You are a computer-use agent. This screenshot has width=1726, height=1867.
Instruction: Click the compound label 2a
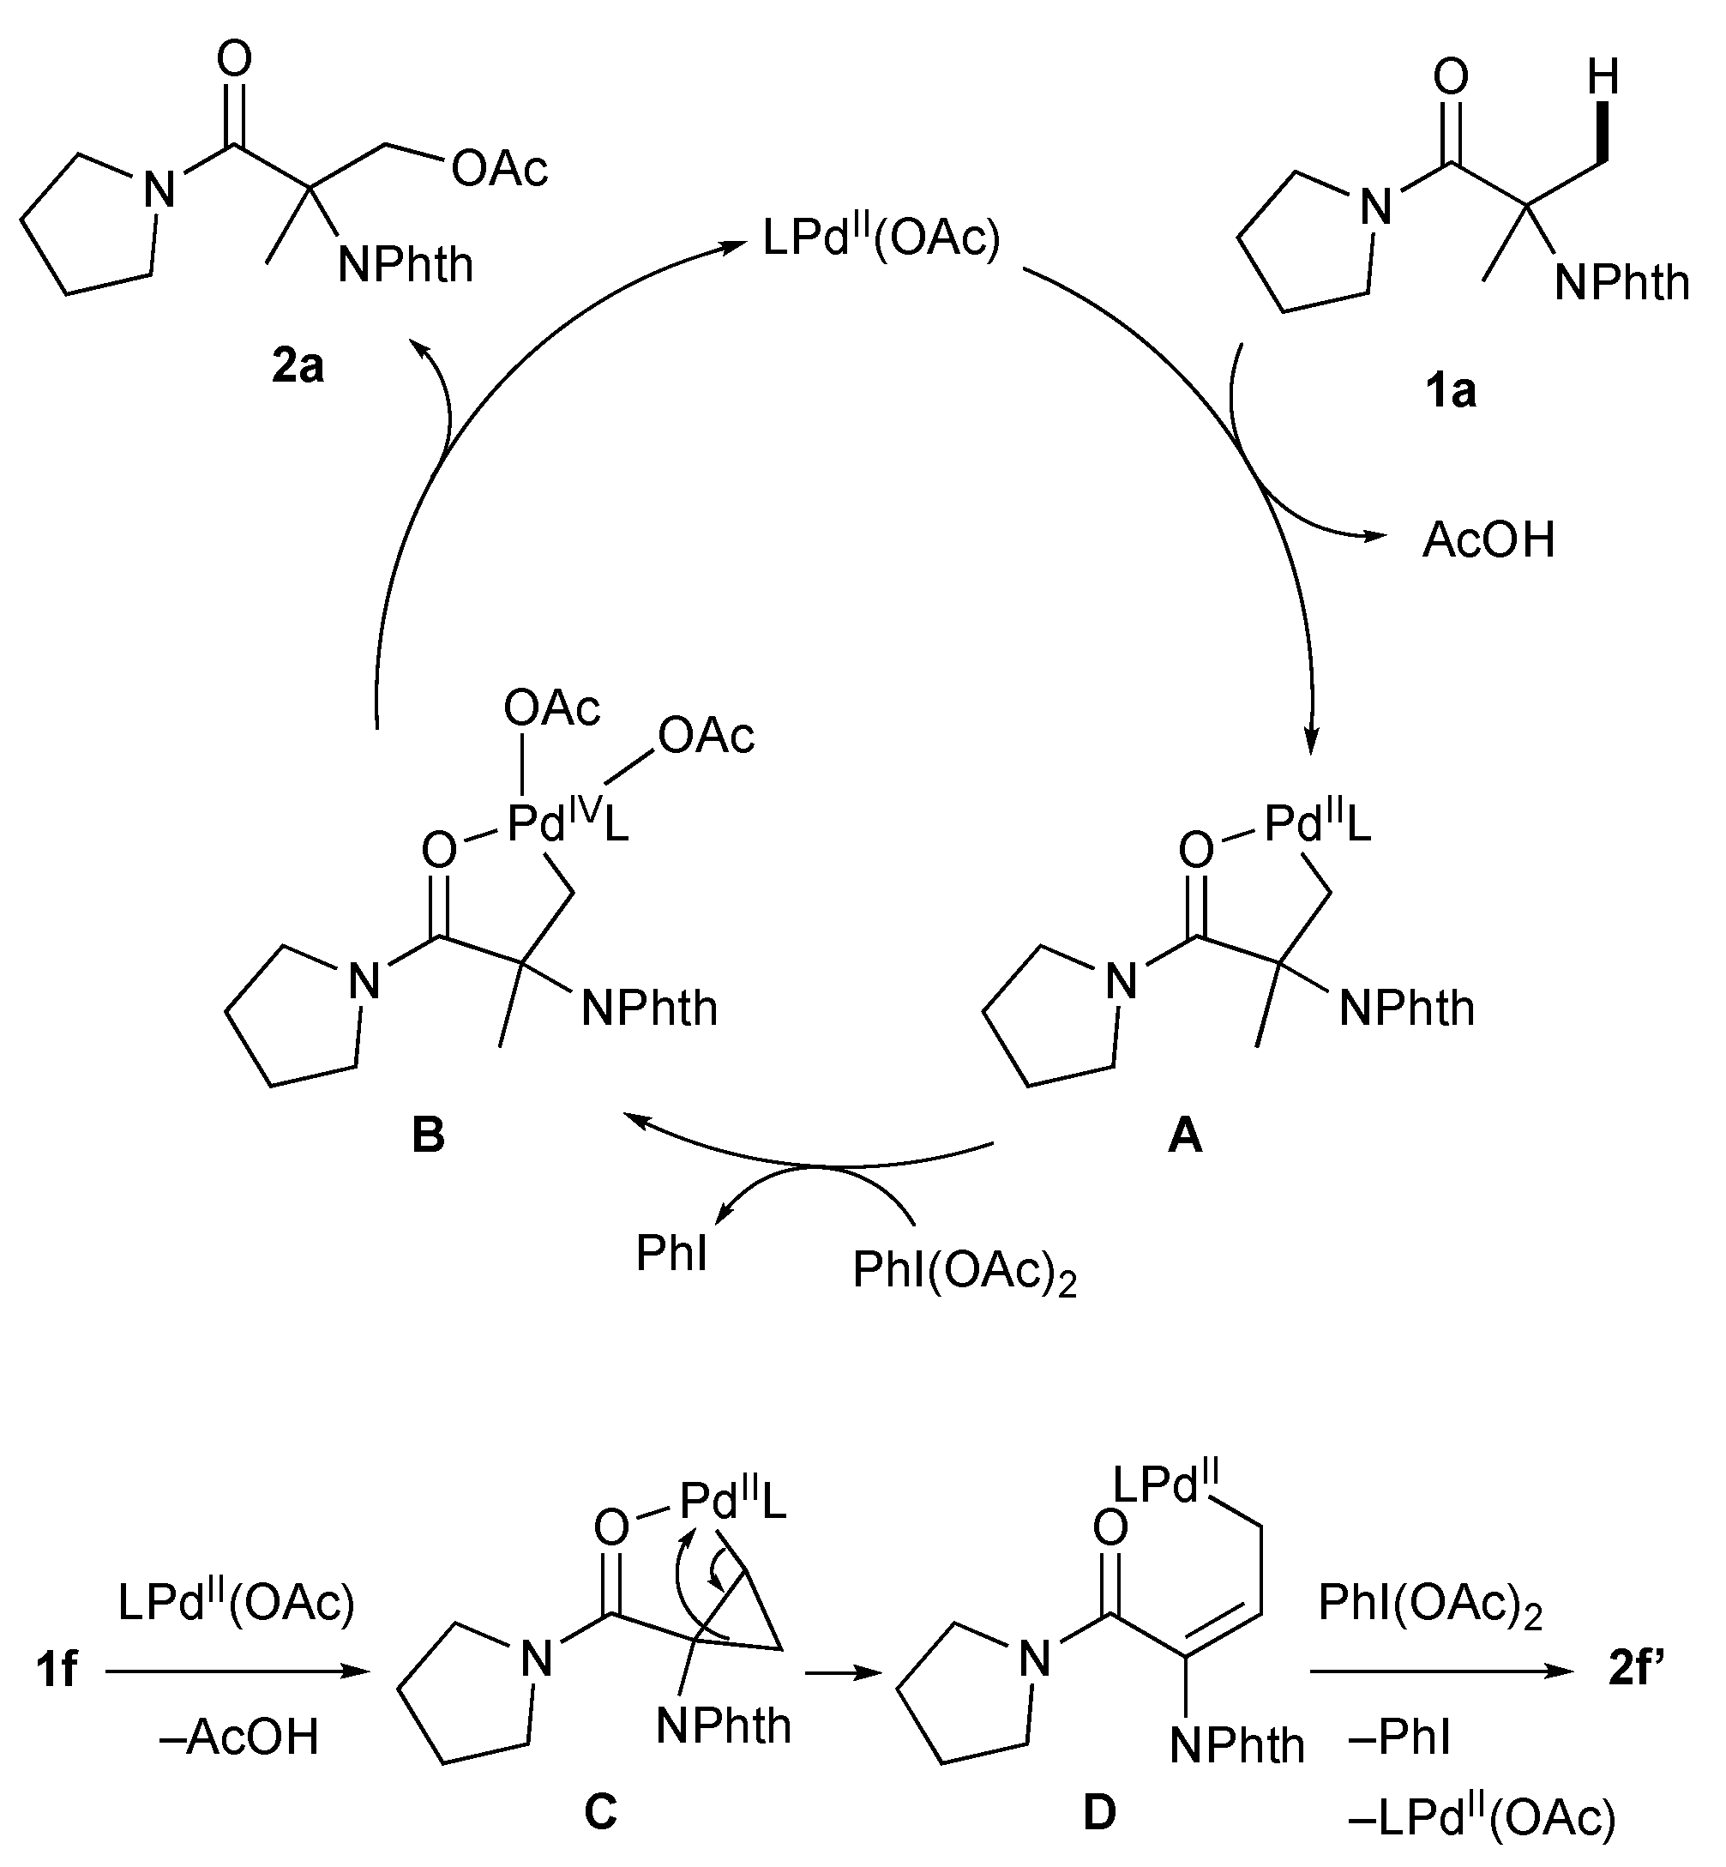298,366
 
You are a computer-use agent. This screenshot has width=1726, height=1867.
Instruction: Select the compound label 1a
1451,390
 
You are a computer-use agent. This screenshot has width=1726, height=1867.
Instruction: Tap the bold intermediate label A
1185,1135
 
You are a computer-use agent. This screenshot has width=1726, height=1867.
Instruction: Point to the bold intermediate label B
428,1135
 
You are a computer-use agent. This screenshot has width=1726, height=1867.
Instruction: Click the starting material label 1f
56,1669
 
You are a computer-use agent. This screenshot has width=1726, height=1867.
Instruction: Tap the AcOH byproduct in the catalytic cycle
1488,539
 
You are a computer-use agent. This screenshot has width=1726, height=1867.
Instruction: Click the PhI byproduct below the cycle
671,1253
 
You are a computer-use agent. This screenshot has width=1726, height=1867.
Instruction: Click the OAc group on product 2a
500,169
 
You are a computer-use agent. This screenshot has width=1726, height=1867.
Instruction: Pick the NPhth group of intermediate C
723,1726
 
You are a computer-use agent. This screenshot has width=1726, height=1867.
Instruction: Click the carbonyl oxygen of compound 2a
233,59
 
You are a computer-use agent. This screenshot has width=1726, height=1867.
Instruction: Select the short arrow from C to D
843,1674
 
